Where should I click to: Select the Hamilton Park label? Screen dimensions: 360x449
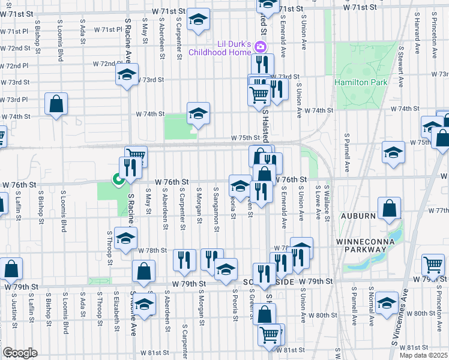[360, 81]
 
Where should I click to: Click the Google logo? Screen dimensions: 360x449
[20, 353]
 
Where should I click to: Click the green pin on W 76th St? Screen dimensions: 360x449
[118, 178]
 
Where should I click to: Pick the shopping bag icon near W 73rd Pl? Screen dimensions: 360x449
[56, 104]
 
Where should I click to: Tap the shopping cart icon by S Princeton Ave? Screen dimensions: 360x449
[433, 264]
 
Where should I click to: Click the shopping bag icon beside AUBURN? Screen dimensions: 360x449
[390, 208]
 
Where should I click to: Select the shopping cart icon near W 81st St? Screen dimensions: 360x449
[270, 334]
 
